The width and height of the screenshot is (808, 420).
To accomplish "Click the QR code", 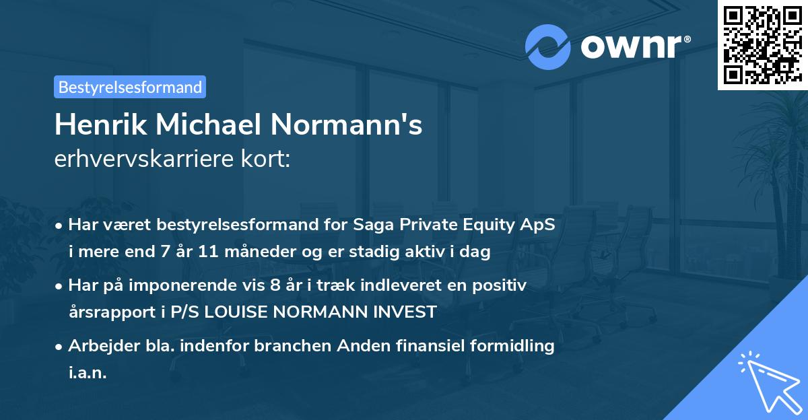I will tap(762, 45).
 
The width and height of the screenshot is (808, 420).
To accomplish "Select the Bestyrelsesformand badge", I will tap(130, 87).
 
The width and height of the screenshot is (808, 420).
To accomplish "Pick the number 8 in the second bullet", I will tap(275, 285).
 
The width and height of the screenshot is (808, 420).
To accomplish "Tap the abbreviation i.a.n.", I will tap(88, 373).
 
